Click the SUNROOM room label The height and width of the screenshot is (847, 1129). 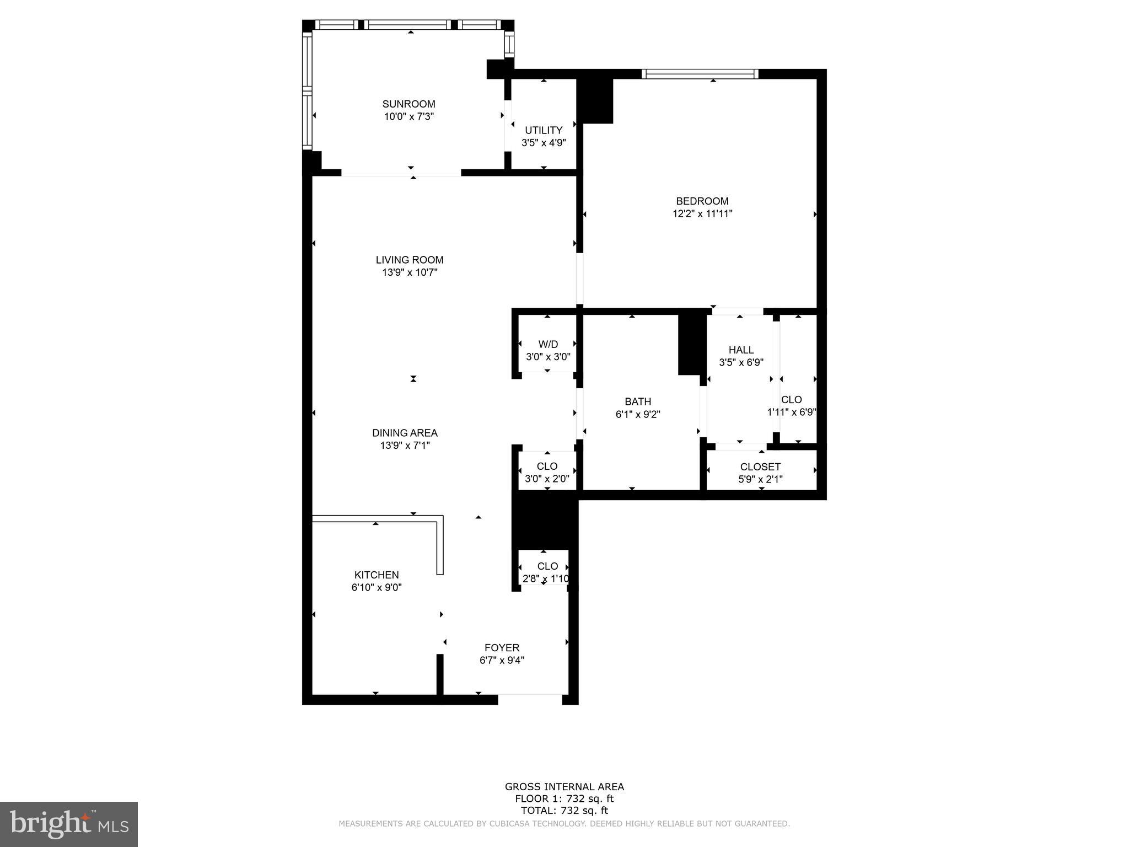tap(408, 104)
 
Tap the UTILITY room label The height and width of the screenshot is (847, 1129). tap(544, 130)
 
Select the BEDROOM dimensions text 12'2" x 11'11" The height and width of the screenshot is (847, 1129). tap(702, 214)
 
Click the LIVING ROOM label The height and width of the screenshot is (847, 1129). tap(410, 260)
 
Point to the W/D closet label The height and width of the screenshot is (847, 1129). tap(548, 344)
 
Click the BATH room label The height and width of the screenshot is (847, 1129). tap(638, 401)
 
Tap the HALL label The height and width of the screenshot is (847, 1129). tap(741, 350)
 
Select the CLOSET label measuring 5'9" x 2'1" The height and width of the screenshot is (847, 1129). tap(760, 467)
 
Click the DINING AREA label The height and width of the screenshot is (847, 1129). tap(405, 433)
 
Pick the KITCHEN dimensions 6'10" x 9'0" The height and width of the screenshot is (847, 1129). tap(377, 588)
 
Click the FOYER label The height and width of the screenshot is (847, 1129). tap(502, 647)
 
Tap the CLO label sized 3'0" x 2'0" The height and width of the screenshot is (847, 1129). tap(547, 466)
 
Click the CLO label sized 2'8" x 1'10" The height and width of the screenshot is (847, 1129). tap(547, 566)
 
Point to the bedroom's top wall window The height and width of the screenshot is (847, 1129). tap(700, 74)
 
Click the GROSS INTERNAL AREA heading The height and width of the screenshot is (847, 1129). tap(564, 787)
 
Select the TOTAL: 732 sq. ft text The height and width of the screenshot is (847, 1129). tap(564, 811)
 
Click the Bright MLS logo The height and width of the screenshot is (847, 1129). tap(69, 824)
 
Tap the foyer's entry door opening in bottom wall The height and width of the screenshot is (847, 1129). tap(530, 699)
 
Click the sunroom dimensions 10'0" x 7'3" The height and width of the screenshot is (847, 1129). tap(409, 116)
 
